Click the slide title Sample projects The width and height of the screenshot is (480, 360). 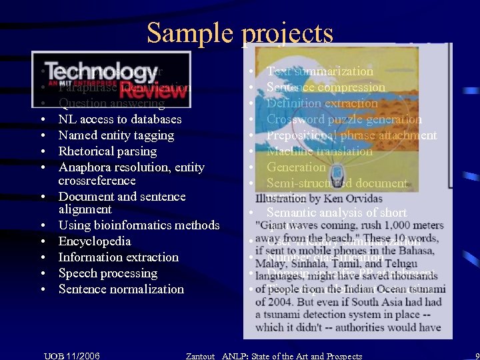(239, 32)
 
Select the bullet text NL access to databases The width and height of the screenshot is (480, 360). (120, 119)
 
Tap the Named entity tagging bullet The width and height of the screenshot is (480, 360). (116, 135)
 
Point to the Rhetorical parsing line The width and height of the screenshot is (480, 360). (108, 151)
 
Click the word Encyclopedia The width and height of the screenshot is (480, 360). (95, 241)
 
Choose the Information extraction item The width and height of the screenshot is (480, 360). (119, 257)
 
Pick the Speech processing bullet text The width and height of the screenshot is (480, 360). (108, 273)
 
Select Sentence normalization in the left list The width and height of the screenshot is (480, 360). (121, 289)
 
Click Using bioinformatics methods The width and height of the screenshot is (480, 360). (139, 225)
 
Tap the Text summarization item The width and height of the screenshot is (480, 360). (320, 71)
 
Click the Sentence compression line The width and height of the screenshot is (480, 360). (326, 87)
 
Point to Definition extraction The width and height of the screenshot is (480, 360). (322, 103)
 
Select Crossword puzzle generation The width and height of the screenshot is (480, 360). (344, 119)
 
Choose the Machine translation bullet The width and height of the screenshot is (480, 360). (320, 151)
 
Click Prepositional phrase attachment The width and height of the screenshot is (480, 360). (351, 135)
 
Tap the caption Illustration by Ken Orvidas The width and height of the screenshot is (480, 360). (319, 199)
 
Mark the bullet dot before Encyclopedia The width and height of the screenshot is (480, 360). (42, 242)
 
